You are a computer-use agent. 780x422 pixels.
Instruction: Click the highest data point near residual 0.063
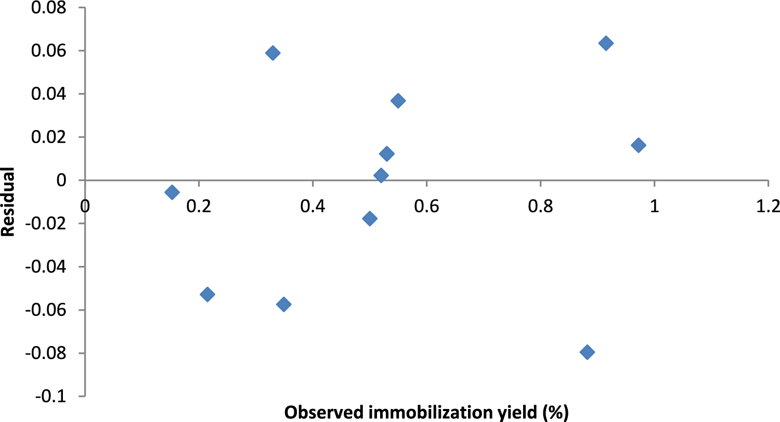pos(606,43)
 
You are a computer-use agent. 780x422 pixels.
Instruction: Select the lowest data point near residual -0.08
pos(587,352)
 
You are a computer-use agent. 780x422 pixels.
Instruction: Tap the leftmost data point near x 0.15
pos(172,192)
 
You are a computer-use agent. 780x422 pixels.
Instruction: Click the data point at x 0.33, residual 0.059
pos(272,53)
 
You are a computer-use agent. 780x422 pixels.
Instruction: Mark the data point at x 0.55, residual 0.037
pos(398,101)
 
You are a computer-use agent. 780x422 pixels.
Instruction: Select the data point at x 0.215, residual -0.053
pos(207,295)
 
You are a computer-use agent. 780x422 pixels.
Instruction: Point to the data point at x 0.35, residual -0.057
pos(283,304)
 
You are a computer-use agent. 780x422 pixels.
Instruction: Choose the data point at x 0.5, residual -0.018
pos(370,218)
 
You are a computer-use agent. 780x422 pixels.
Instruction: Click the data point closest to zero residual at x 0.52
pos(381,175)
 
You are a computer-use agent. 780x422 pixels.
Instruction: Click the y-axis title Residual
pos(8,202)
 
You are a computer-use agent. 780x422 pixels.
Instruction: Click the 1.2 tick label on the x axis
pos(769,207)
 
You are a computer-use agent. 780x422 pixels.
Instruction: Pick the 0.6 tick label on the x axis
pos(426,207)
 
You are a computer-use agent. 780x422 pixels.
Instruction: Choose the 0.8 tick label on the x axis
pos(540,207)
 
